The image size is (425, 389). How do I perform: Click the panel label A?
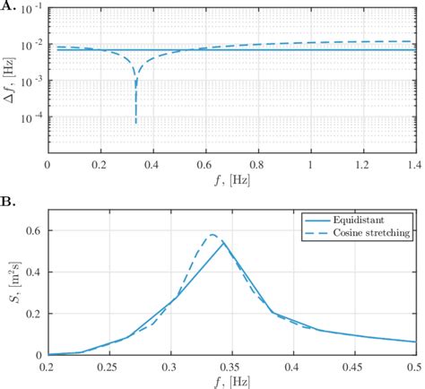7,7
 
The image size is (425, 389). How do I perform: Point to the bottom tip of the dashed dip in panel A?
135,123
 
